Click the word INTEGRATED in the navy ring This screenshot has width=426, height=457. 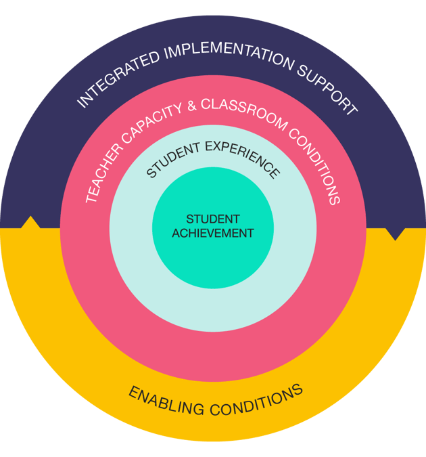(x=114, y=80)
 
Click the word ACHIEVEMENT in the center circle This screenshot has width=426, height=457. (x=213, y=233)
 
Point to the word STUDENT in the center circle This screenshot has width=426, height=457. (x=213, y=219)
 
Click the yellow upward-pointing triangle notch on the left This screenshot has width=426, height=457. (x=29, y=223)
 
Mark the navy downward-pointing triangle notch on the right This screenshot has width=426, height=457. (x=395, y=234)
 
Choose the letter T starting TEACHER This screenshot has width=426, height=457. (x=90, y=199)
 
